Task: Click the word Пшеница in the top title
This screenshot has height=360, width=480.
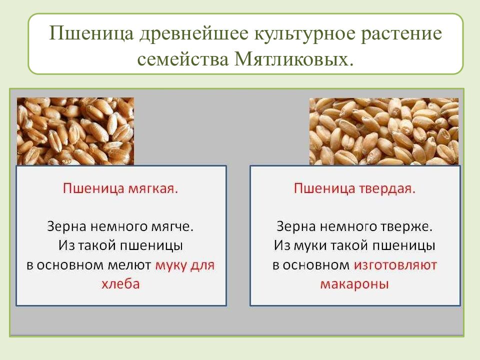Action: click(85, 35)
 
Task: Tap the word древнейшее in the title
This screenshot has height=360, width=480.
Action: click(189, 35)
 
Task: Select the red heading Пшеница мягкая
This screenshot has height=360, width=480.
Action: click(120, 189)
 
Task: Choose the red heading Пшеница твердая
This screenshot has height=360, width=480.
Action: click(354, 189)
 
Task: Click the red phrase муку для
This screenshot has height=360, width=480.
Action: click(184, 265)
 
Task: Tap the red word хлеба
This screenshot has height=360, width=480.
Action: click(120, 284)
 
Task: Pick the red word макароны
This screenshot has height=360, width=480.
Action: click(354, 284)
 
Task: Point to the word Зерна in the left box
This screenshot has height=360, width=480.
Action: click(66, 226)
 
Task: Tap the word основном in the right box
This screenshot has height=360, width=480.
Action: click(317, 265)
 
